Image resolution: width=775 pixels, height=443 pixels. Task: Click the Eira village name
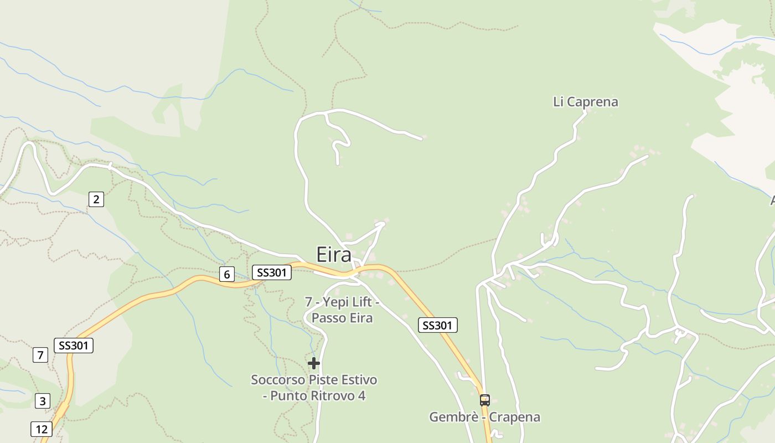click(x=334, y=255)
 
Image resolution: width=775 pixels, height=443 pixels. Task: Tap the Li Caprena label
click(x=585, y=102)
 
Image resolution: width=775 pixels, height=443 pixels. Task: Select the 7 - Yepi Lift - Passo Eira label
click(x=342, y=310)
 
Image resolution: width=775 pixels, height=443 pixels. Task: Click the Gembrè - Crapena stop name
click(x=484, y=417)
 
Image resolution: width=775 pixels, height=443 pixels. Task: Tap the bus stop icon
click(x=484, y=400)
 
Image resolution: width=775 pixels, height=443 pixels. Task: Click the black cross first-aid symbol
click(x=314, y=363)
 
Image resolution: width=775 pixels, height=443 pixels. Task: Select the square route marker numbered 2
click(x=96, y=199)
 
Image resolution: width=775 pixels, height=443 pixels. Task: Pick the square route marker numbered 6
click(x=226, y=274)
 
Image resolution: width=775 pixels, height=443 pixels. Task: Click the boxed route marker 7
click(x=40, y=354)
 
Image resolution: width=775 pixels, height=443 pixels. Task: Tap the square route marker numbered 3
click(x=43, y=400)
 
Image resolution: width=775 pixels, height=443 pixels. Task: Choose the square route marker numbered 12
click(x=41, y=429)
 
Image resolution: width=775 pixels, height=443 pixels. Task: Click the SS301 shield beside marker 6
click(x=271, y=272)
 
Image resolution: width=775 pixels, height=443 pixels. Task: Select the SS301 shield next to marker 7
click(x=74, y=346)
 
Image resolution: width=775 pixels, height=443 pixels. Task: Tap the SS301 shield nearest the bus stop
click(x=437, y=326)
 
